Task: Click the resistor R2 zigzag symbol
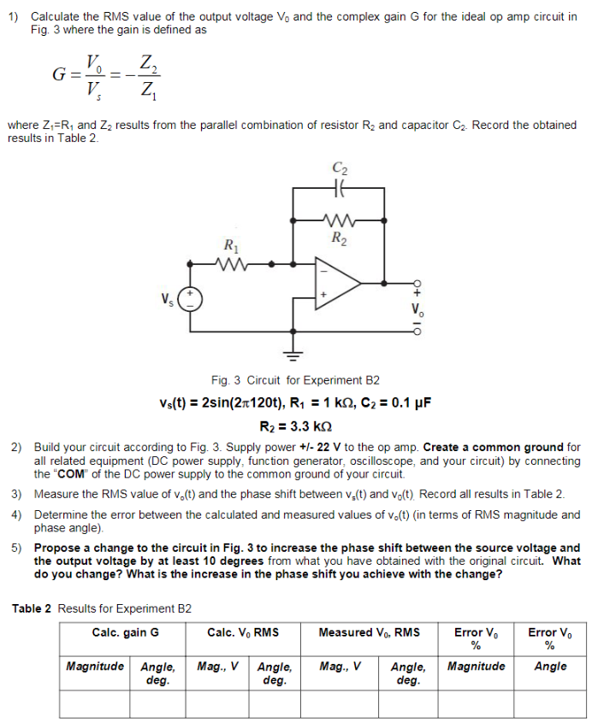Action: coord(339,219)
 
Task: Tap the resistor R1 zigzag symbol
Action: coord(232,264)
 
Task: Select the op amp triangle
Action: coord(338,279)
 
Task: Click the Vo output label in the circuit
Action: coord(417,308)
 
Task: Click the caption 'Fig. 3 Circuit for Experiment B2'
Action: coord(295,380)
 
